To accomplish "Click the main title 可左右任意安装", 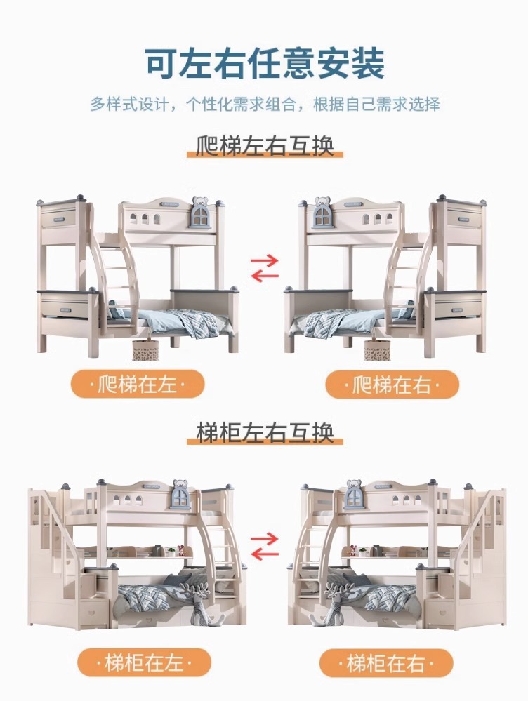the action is tap(265, 63).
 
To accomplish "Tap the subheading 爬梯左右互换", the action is tap(265, 145).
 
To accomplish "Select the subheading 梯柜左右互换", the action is tap(265, 433).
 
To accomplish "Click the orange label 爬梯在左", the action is tap(138, 384).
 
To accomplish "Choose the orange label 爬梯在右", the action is tap(392, 384).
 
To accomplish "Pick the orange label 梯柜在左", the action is tap(144, 662).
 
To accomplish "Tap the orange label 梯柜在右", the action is tap(386, 662).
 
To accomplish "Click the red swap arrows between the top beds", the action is tap(265, 268).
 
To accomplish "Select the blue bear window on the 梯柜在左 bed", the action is tap(182, 495).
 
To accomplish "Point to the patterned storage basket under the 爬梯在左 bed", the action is tap(146, 349).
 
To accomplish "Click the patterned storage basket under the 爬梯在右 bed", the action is tap(377, 349).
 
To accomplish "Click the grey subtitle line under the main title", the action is tap(265, 104).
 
